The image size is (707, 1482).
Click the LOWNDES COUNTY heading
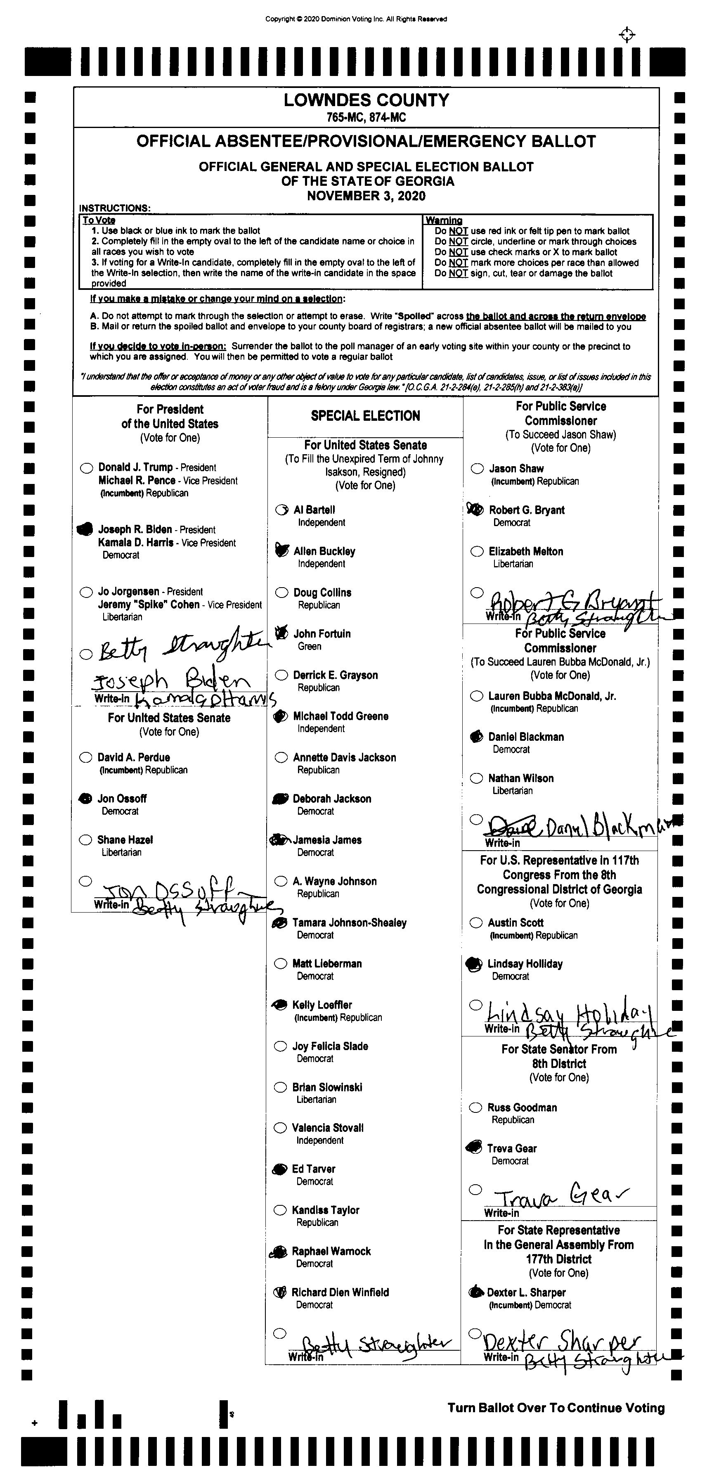pyautogui.click(x=366, y=100)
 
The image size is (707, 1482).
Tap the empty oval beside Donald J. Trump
pyautogui.click(x=87, y=468)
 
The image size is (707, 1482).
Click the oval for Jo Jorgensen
pyautogui.click(x=87, y=592)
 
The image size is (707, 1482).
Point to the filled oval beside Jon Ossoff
pyautogui.click(x=85, y=799)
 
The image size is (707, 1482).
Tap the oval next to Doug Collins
pyautogui.click(x=281, y=593)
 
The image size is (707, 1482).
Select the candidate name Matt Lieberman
pyautogui.click(x=326, y=964)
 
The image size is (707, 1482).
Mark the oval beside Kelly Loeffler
pyautogui.click(x=280, y=1005)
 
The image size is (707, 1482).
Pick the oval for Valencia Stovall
pyautogui.click(x=280, y=1128)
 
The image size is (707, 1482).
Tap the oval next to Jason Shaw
pyautogui.click(x=477, y=469)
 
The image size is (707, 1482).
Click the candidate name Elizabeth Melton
pyautogui.click(x=525, y=552)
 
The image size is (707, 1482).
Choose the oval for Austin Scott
pyautogui.click(x=476, y=923)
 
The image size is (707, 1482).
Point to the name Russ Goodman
pyautogui.click(x=522, y=1107)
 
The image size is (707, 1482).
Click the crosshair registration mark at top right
pyautogui.click(x=627, y=35)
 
